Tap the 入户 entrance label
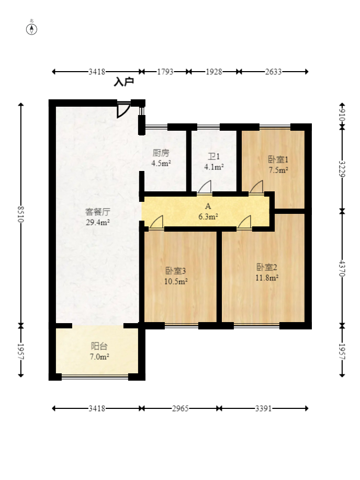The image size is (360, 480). coord(124,82)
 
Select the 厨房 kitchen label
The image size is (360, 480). coord(161,153)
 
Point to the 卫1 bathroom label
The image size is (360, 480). coord(214,157)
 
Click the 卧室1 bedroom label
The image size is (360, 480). coord(278,159)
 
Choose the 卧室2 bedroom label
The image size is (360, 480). coord(267,267)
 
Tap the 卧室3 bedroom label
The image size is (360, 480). coord(176,271)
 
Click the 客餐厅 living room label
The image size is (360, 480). coord(98,212)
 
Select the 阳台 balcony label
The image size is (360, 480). coord(99,346)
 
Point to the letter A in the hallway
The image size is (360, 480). coord(208,207)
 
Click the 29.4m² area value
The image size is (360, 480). coord(98,222)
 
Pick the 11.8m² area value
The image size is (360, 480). coord(267,278)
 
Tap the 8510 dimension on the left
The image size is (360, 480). coord(21,214)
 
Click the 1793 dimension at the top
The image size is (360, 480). coord(165,72)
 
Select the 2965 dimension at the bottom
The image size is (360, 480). coord(180,408)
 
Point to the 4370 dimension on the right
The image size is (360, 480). coord(342,268)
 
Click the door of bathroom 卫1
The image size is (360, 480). coord(205,187)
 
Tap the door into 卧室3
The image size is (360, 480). coord(156,222)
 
